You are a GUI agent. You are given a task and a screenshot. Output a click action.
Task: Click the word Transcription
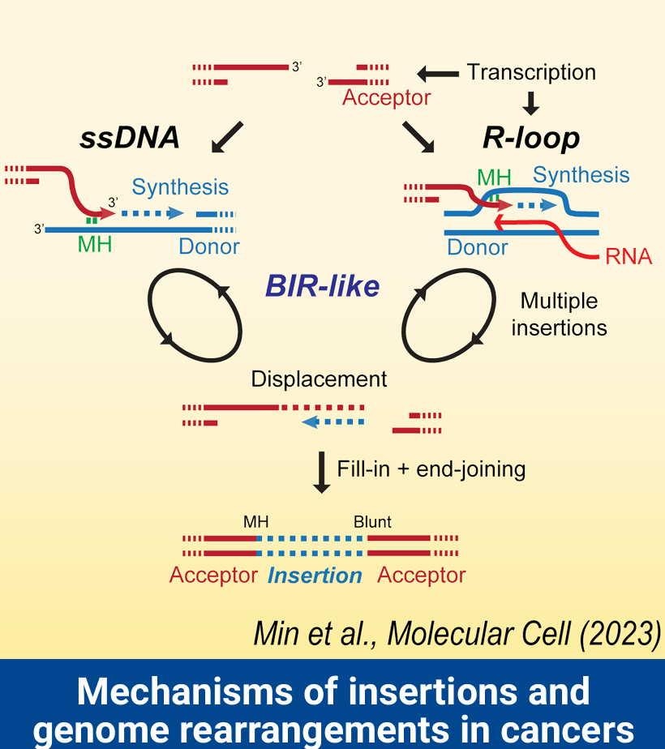(x=531, y=72)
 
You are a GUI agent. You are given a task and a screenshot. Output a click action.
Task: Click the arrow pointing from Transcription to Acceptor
(x=438, y=74)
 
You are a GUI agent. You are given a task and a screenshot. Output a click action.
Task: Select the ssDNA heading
(x=129, y=138)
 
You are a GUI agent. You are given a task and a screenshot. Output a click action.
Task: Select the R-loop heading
(x=531, y=138)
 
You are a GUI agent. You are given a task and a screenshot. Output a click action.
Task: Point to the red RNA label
(x=629, y=258)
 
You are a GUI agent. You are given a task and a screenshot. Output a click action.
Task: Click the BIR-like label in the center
(x=322, y=286)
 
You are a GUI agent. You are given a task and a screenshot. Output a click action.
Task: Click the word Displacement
(x=319, y=379)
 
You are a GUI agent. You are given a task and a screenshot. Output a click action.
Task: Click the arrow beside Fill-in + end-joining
(x=322, y=473)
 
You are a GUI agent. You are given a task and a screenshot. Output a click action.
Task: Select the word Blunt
(x=372, y=522)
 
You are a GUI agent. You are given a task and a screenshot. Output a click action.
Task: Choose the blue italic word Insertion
(x=315, y=576)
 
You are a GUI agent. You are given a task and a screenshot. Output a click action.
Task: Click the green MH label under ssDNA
(x=95, y=243)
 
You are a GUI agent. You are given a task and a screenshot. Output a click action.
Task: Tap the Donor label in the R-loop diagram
(x=478, y=246)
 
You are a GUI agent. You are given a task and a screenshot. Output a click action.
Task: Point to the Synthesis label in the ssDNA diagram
(x=180, y=187)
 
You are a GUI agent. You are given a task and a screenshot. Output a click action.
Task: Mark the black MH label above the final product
(x=255, y=522)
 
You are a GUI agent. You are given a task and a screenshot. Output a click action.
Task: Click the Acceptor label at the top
(x=386, y=98)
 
